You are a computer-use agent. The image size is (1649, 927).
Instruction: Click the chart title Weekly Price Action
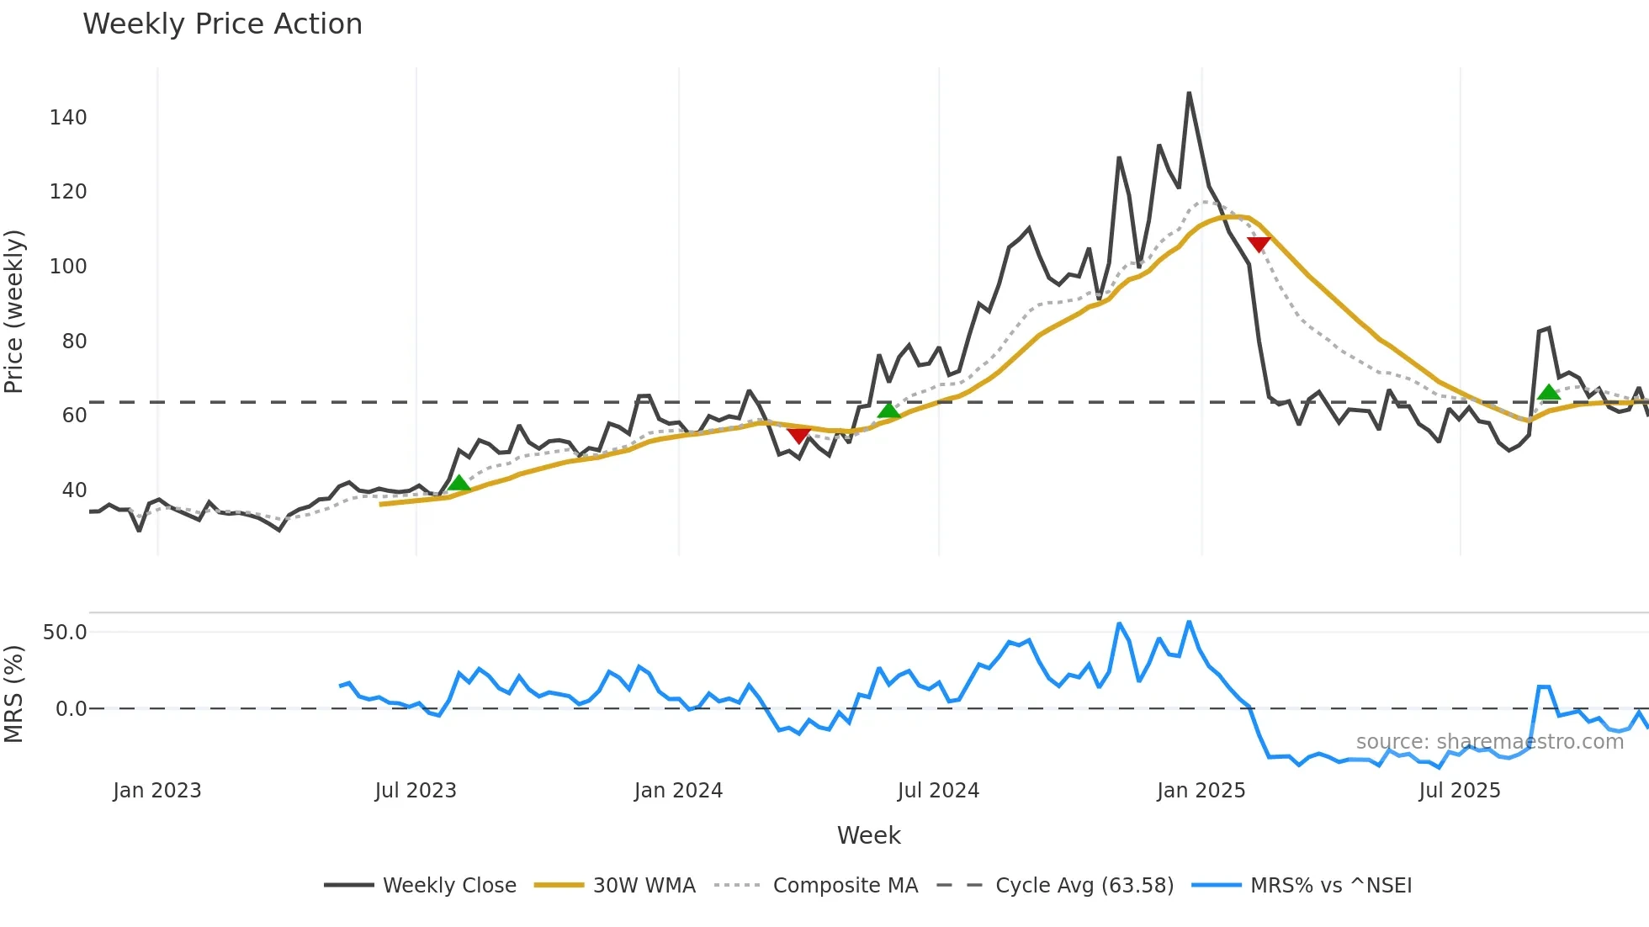(222, 24)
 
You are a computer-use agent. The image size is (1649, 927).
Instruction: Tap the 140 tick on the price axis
(68, 118)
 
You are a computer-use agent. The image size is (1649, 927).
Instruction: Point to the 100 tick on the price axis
(68, 267)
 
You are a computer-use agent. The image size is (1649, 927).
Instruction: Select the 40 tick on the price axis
(74, 490)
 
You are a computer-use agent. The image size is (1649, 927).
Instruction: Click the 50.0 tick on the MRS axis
(65, 633)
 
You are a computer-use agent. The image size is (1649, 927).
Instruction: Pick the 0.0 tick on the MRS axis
(71, 709)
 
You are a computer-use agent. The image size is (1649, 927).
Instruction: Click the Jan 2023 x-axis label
(157, 791)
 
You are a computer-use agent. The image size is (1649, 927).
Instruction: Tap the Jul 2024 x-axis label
(938, 791)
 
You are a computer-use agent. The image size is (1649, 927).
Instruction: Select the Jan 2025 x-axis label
(1201, 791)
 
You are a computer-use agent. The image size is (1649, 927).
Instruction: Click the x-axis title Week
(868, 835)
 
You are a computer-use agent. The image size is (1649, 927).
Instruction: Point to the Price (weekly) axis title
(14, 311)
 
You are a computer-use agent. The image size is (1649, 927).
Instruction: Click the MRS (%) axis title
(14, 694)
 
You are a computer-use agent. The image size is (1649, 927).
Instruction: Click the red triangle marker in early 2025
(1259, 244)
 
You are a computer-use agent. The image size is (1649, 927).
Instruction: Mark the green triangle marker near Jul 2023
(459, 483)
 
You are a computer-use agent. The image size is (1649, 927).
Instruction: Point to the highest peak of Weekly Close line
(1189, 93)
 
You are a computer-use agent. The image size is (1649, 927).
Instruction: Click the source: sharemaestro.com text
(1489, 742)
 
